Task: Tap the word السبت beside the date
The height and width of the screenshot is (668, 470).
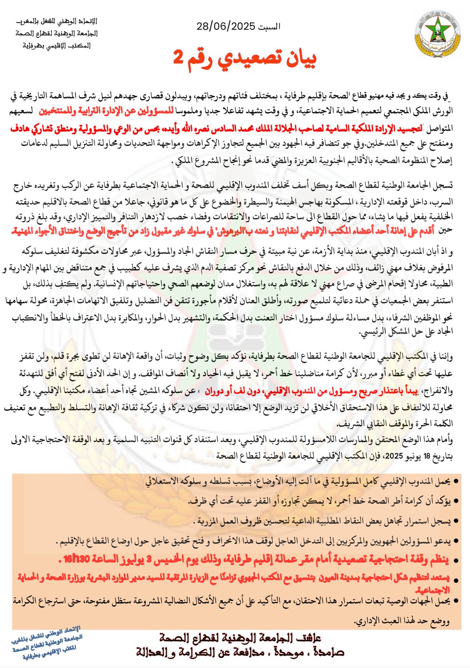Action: click(x=269, y=27)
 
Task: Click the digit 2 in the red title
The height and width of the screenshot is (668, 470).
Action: click(x=178, y=58)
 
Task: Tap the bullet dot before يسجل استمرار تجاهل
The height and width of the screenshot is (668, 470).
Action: click(x=456, y=521)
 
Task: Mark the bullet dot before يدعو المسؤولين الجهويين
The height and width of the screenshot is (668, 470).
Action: click(x=456, y=541)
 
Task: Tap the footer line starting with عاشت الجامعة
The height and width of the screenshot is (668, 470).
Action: click(x=240, y=638)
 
